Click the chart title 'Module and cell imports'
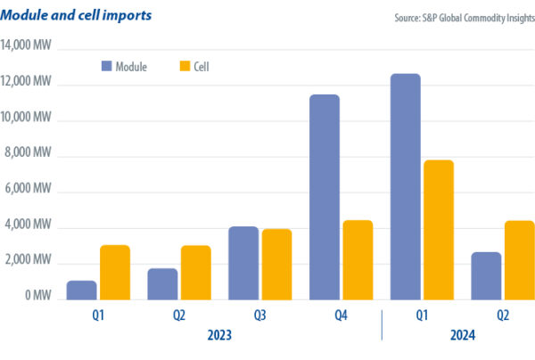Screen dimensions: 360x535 (76, 16)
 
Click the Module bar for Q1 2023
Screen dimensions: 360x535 (82, 290)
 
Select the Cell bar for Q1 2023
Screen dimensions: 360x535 (115, 273)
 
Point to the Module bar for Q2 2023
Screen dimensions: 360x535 (162, 284)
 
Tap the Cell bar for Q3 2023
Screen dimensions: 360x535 (276, 265)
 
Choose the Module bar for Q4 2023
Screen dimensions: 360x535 (325, 197)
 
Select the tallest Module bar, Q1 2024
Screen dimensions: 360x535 (406, 186)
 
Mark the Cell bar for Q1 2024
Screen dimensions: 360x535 (439, 230)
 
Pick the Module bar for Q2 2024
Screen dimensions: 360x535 (486, 276)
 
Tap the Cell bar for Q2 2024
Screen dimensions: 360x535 (519, 260)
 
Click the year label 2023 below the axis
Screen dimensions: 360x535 (219, 335)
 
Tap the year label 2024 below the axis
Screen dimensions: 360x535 (462, 335)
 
